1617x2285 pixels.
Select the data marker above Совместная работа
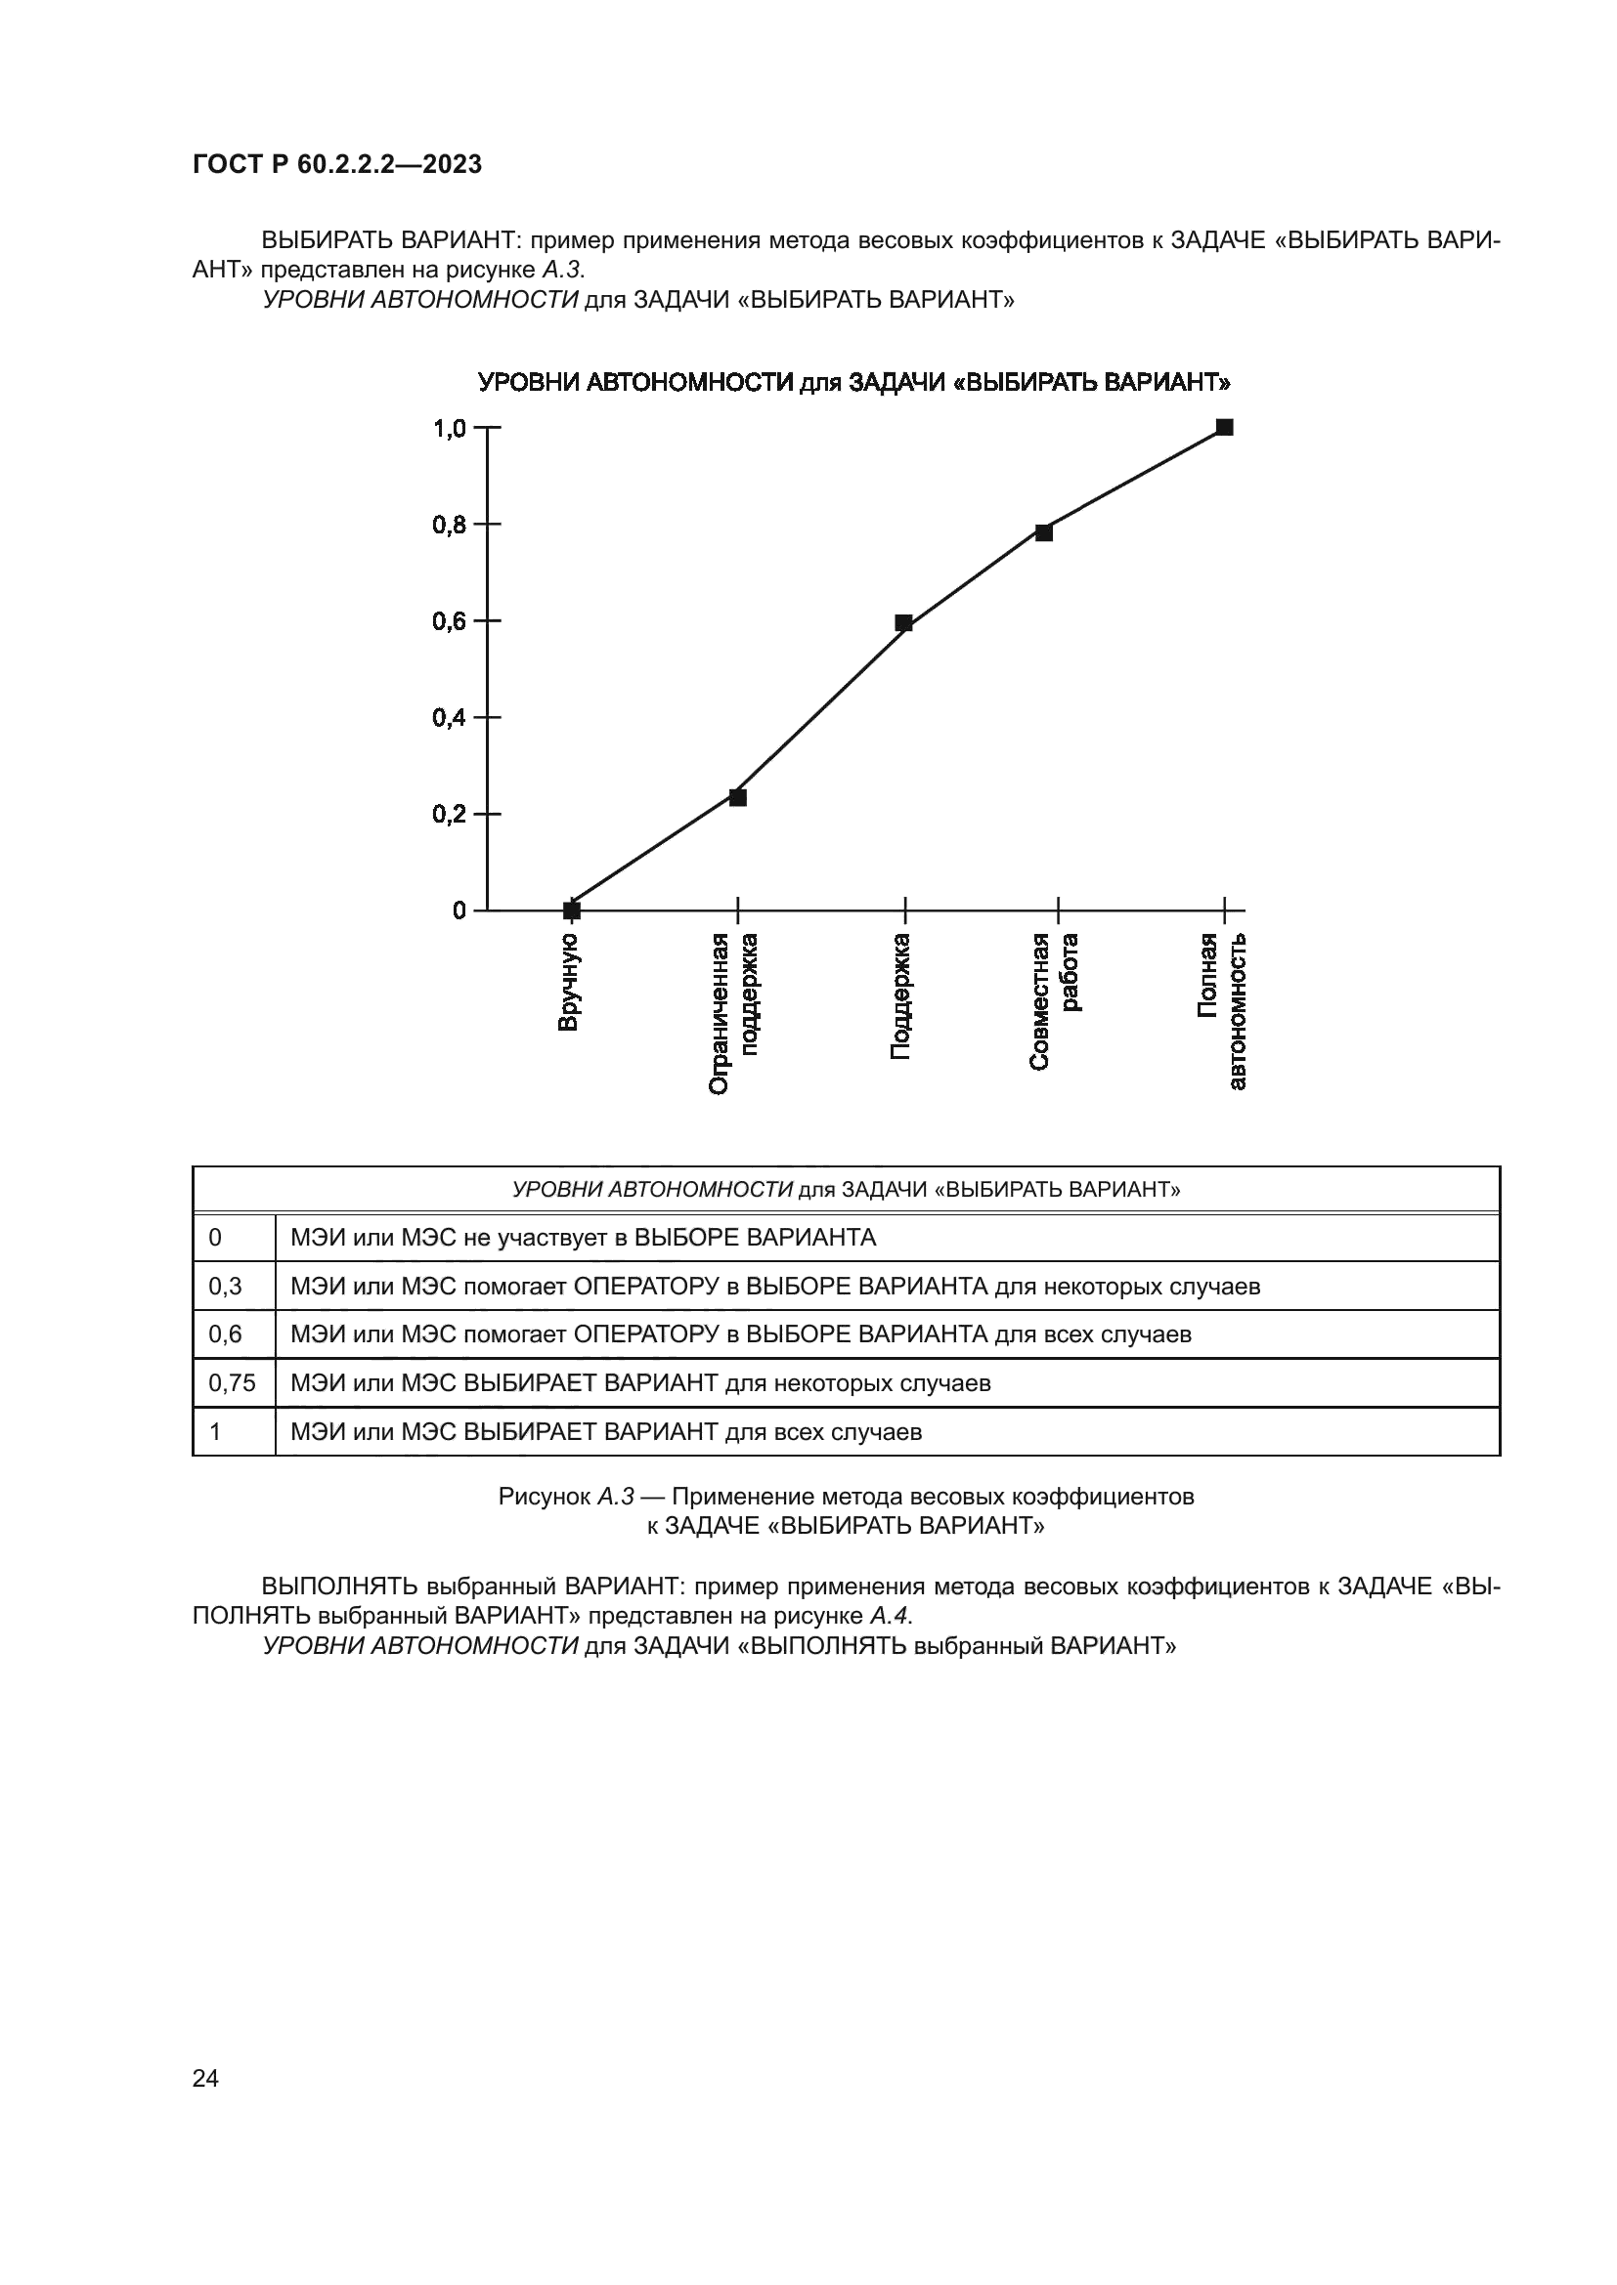pyautogui.click(x=1043, y=532)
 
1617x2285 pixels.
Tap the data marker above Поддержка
pyautogui.click(x=904, y=623)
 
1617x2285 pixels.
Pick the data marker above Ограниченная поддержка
pyautogui.click(x=738, y=797)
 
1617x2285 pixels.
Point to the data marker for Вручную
pyautogui.click(x=572, y=910)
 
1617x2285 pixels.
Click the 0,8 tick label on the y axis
pyautogui.click(x=450, y=525)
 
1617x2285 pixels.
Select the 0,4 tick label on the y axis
pyautogui.click(x=450, y=718)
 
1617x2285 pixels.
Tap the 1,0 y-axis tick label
pyautogui.click(x=450, y=429)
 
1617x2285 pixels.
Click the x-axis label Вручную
pyautogui.click(x=568, y=982)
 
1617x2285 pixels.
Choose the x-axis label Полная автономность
pyautogui.click(x=1222, y=1010)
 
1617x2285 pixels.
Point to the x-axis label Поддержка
pyautogui.click(x=900, y=995)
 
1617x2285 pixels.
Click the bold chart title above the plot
pyautogui.click(x=854, y=383)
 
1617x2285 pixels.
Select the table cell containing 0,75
pyautogui.click(x=232, y=1382)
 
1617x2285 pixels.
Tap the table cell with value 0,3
pyautogui.click(x=225, y=1287)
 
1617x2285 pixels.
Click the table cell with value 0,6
pyautogui.click(x=225, y=1333)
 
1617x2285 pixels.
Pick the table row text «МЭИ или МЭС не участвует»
pyautogui.click(x=583, y=1238)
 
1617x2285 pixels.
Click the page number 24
pyautogui.click(x=205, y=2078)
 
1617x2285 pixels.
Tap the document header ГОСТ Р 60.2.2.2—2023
pyautogui.click(x=336, y=165)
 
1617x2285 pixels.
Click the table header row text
pyautogui.click(x=846, y=1189)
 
